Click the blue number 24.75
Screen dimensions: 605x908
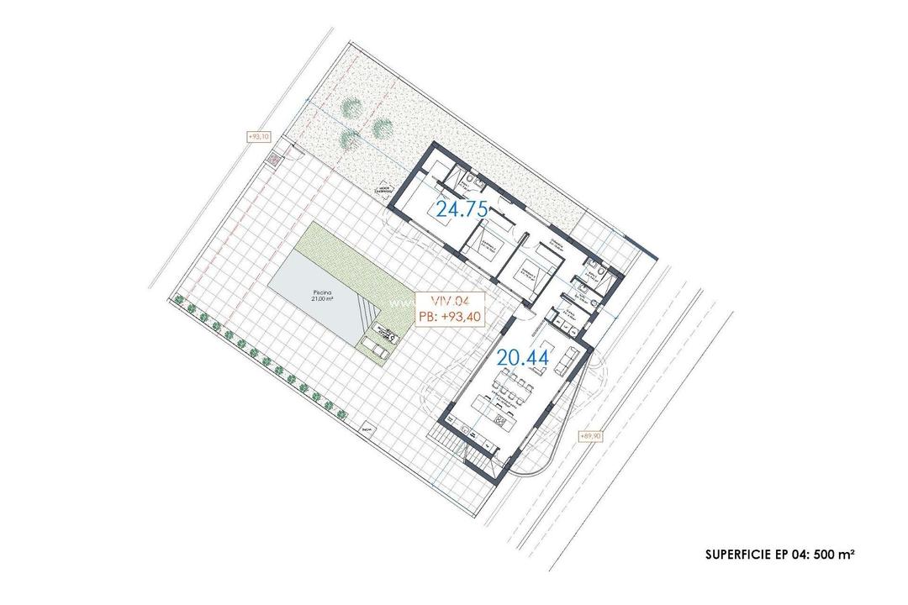click(x=462, y=209)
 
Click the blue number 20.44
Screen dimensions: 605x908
click(x=523, y=358)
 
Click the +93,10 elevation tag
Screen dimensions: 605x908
click(x=257, y=137)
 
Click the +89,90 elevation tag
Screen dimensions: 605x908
click(x=591, y=436)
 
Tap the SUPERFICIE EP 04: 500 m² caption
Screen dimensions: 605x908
click(x=780, y=555)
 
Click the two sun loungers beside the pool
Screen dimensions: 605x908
click(x=374, y=346)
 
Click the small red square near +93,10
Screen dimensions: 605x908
click(x=272, y=157)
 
